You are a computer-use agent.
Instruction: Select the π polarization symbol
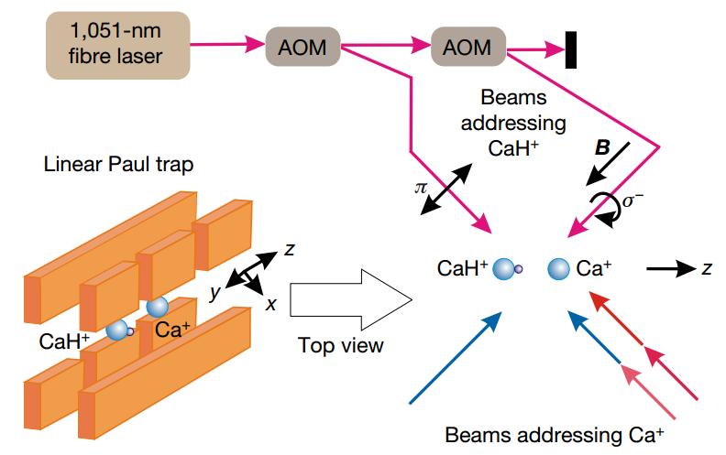pyautogui.click(x=421, y=187)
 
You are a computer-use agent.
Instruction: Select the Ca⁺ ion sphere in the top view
pyautogui.click(x=558, y=269)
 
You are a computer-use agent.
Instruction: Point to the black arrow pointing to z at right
pyautogui.click(x=668, y=269)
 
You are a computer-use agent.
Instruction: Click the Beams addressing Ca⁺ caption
pyautogui.click(x=554, y=433)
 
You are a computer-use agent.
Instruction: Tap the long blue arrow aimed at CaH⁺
pyautogui.click(x=454, y=358)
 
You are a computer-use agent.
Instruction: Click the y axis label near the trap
pyautogui.click(x=215, y=290)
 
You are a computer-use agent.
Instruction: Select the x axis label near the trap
pyautogui.click(x=270, y=303)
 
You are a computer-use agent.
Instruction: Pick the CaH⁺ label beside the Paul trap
pyautogui.click(x=66, y=341)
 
